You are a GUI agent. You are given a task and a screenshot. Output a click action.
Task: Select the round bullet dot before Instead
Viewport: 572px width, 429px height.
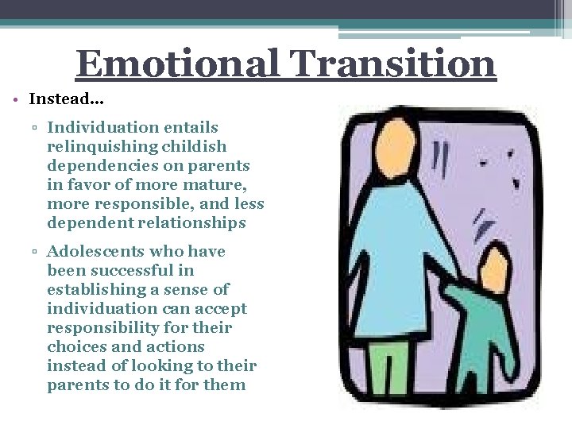click(17, 99)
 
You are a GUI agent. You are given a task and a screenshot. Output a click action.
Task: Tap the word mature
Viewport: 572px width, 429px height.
click(220, 185)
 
